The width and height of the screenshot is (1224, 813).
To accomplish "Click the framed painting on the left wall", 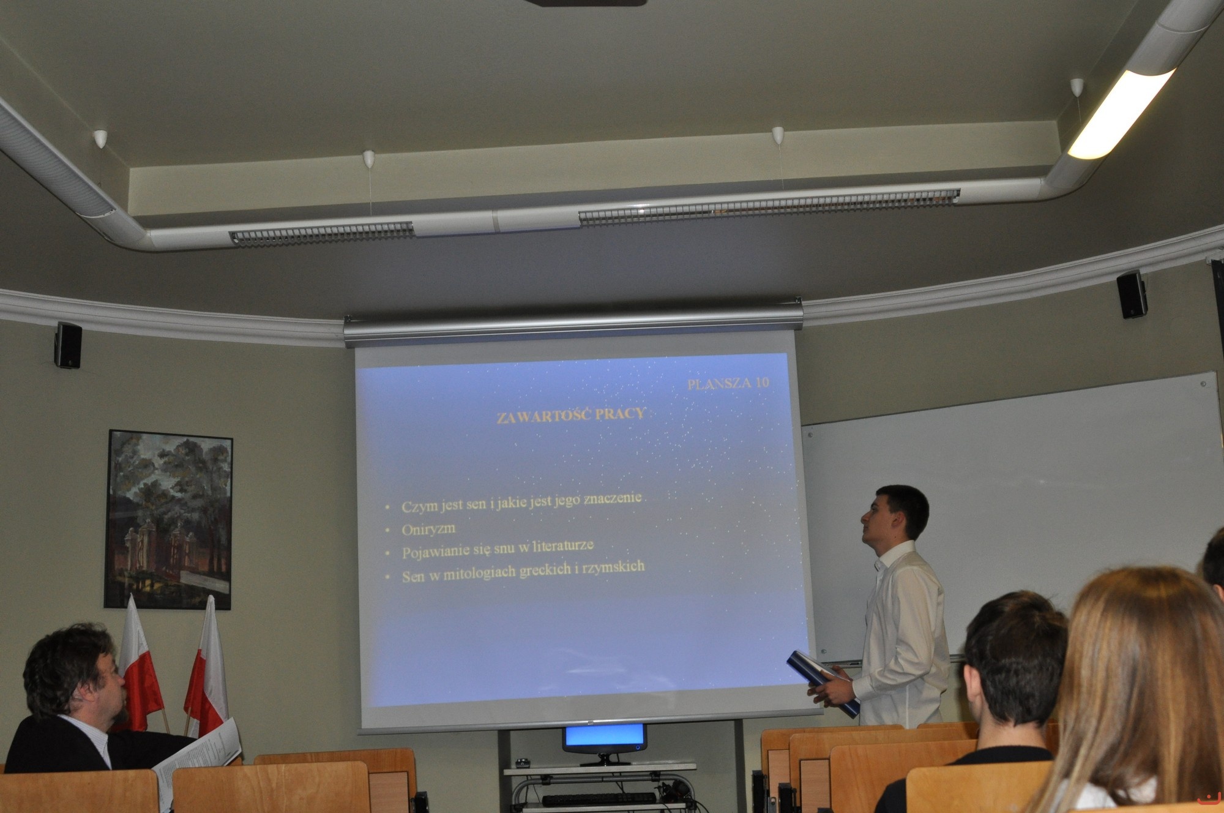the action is pos(168,520).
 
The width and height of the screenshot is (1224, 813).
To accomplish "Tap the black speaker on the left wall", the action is pos(68,345).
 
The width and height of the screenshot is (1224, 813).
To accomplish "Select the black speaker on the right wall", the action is pos(1132,294).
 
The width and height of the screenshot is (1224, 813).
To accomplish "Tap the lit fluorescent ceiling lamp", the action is pos(1121,114).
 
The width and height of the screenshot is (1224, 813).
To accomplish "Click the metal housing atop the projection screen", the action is pos(573,323).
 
